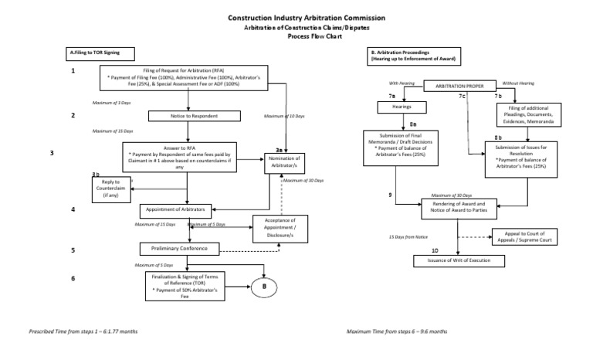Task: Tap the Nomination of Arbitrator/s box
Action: [283, 162]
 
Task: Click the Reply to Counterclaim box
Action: [110, 188]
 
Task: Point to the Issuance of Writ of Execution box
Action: [459, 260]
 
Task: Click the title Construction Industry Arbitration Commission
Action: [296, 17]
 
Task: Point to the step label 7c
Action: [462, 97]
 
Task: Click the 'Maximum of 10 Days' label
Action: [284, 116]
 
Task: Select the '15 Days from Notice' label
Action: [408, 236]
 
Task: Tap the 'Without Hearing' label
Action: [517, 83]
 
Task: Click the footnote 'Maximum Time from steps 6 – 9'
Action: [397, 331]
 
